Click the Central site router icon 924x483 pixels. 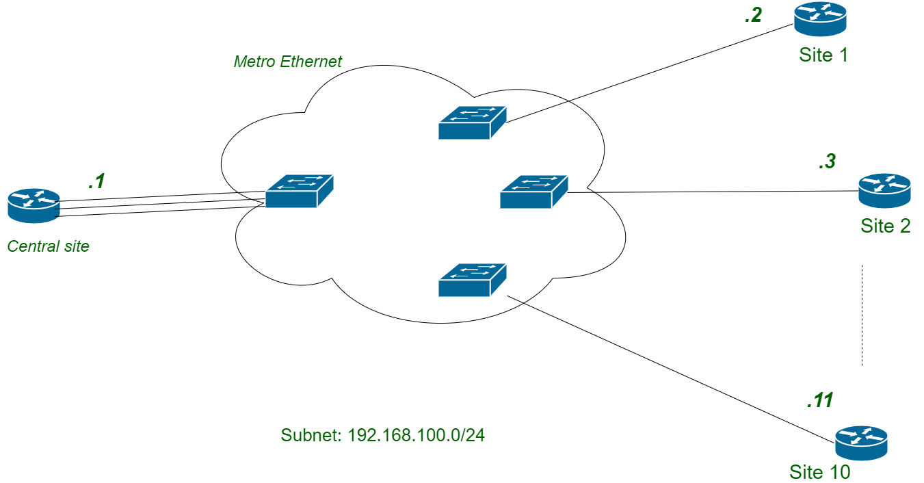coord(34,205)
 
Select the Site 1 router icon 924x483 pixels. coord(820,18)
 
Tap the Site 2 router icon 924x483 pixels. coord(884,190)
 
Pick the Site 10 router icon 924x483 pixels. coord(861,443)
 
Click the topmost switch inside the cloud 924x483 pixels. coord(471,122)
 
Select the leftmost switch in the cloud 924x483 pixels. coord(299,191)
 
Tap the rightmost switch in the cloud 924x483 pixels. coord(533,192)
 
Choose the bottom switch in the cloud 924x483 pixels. coord(471,280)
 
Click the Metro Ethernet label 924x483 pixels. coord(287,62)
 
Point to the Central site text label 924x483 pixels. coord(48,246)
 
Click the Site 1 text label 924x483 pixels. coord(823,55)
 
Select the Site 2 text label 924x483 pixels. coord(886,226)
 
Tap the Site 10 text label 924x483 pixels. coord(820,472)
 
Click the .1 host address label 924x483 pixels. coord(96,182)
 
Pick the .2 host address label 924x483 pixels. coord(753,15)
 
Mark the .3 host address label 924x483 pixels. coord(827,162)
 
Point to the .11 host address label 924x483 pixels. coord(819,400)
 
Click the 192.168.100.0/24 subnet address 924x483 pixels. coord(416,435)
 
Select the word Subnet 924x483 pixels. coord(311,435)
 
